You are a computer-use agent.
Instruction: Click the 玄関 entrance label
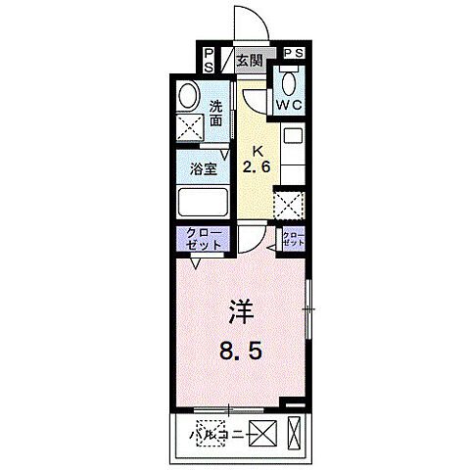coord(250,61)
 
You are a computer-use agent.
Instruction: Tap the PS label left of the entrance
coord(210,61)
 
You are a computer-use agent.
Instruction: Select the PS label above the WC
coord(293,54)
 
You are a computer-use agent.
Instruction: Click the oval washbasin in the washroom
coord(188,96)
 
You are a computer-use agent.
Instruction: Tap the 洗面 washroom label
coord(216,114)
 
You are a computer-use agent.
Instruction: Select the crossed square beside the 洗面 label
coord(190,126)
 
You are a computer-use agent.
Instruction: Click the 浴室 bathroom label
coord(203,166)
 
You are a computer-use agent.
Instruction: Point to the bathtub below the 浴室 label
coord(203,203)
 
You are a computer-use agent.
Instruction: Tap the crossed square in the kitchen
coord(289,205)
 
